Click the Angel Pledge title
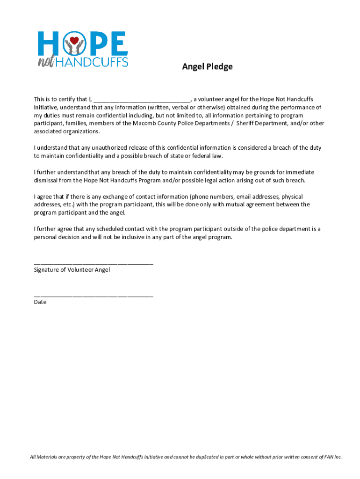(x=207, y=67)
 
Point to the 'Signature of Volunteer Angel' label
(x=72, y=270)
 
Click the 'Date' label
(x=40, y=302)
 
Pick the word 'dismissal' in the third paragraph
(x=47, y=180)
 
